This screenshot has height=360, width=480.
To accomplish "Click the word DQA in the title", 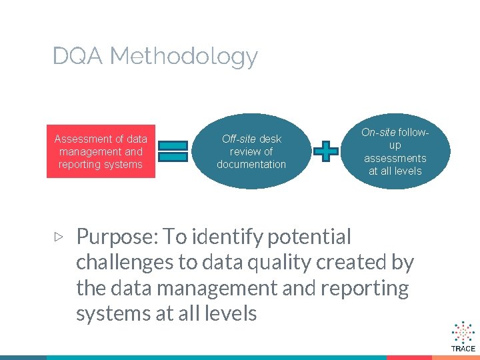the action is coord(78,56).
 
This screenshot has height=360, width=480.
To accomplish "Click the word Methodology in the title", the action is coord(184,57).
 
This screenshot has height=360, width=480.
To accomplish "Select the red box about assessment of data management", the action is coord(101,151).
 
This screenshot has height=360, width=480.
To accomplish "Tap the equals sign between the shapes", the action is coord(173,151).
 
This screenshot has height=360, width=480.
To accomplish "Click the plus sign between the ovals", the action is coord(325,151).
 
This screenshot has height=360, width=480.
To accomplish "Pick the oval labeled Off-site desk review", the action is coord(251,151).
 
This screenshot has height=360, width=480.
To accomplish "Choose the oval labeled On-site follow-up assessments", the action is coord(395,151).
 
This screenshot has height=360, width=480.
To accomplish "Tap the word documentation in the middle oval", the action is coord(251,164).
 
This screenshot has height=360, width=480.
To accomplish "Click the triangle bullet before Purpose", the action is coord(59,236).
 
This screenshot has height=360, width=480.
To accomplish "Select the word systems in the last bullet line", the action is coord(113,314).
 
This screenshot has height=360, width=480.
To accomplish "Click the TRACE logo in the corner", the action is coord(463,337).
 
